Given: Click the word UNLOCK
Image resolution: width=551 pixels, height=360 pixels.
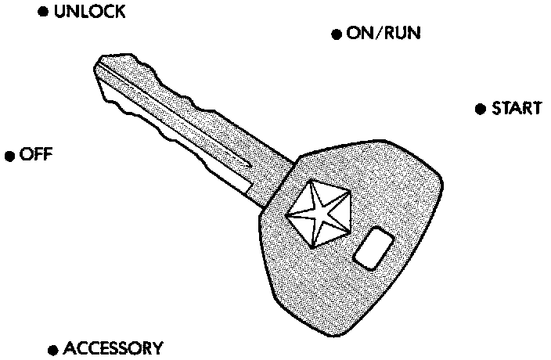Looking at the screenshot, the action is pyautogui.click(x=89, y=13).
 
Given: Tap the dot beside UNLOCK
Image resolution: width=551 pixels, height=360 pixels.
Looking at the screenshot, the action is pyautogui.click(x=44, y=14).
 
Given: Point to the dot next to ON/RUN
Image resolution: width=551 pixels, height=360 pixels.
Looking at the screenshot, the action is pyautogui.click(x=337, y=34).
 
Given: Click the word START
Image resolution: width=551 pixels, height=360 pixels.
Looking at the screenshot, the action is pyautogui.click(x=516, y=108).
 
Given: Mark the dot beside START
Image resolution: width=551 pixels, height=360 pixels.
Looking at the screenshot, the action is pyautogui.click(x=480, y=109).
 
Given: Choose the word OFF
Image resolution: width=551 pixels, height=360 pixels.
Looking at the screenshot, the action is pyautogui.click(x=36, y=154).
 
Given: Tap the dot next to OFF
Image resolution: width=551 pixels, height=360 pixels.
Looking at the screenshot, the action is pyautogui.click(x=10, y=156).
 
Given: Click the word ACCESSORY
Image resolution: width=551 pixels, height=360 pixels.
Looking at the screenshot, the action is pyautogui.click(x=113, y=348).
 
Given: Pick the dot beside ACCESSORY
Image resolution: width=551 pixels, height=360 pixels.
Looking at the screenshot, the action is pyautogui.click(x=52, y=349).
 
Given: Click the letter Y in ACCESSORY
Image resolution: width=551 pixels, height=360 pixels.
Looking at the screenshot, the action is pyautogui.click(x=157, y=348).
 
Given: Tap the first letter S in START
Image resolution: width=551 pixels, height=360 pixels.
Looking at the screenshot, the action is pyautogui.click(x=496, y=108).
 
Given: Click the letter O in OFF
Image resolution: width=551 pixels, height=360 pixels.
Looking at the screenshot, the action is pyautogui.click(x=25, y=154).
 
